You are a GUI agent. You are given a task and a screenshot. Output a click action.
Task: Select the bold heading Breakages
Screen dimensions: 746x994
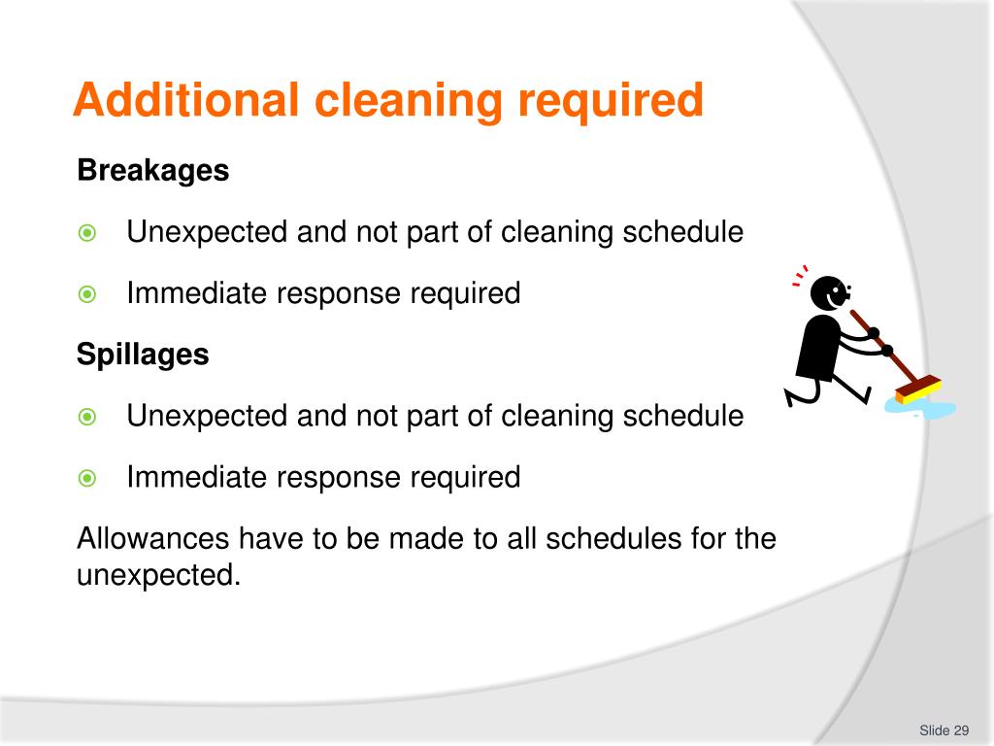click(152, 171)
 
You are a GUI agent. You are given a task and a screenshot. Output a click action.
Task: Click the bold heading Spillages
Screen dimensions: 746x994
click(143, 355)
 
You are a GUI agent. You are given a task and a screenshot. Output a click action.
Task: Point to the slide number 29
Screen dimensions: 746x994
click(962, 730)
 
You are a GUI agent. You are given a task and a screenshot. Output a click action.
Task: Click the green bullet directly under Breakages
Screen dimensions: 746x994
click(87, 233)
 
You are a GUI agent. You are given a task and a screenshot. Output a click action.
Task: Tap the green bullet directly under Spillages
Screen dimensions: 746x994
click(87, 417)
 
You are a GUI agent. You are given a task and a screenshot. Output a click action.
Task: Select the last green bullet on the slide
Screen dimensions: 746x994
click(87, 478)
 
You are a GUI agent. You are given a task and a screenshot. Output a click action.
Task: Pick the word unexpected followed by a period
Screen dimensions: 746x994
click(157, 575)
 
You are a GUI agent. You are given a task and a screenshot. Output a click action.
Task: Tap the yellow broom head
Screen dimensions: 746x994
click(917, 390)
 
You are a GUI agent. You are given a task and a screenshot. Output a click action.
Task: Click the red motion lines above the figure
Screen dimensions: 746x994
click(800, 278)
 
